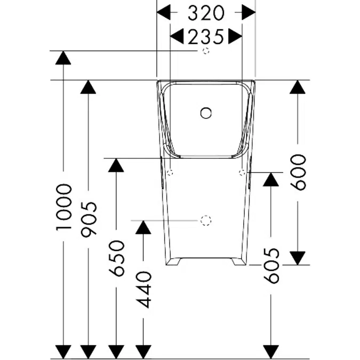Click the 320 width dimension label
point(206,12)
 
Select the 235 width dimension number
point(206,36)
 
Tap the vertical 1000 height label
point(63,207)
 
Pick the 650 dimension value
point(116,258)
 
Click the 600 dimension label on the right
point(298,172)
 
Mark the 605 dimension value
point(271,265)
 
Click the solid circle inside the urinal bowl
point(206,113)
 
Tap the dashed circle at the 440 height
point(206,220)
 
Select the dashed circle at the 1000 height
point(206,51)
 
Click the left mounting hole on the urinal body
point(170,172)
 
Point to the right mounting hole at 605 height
point(242,172)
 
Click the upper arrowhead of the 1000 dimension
point(63,58)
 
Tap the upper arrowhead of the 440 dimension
point(142,227)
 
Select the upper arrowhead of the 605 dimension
point(271,179)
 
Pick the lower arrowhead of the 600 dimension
point(298,258)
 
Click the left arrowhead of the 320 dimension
point(164,12)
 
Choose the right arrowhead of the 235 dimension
point(235,36)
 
